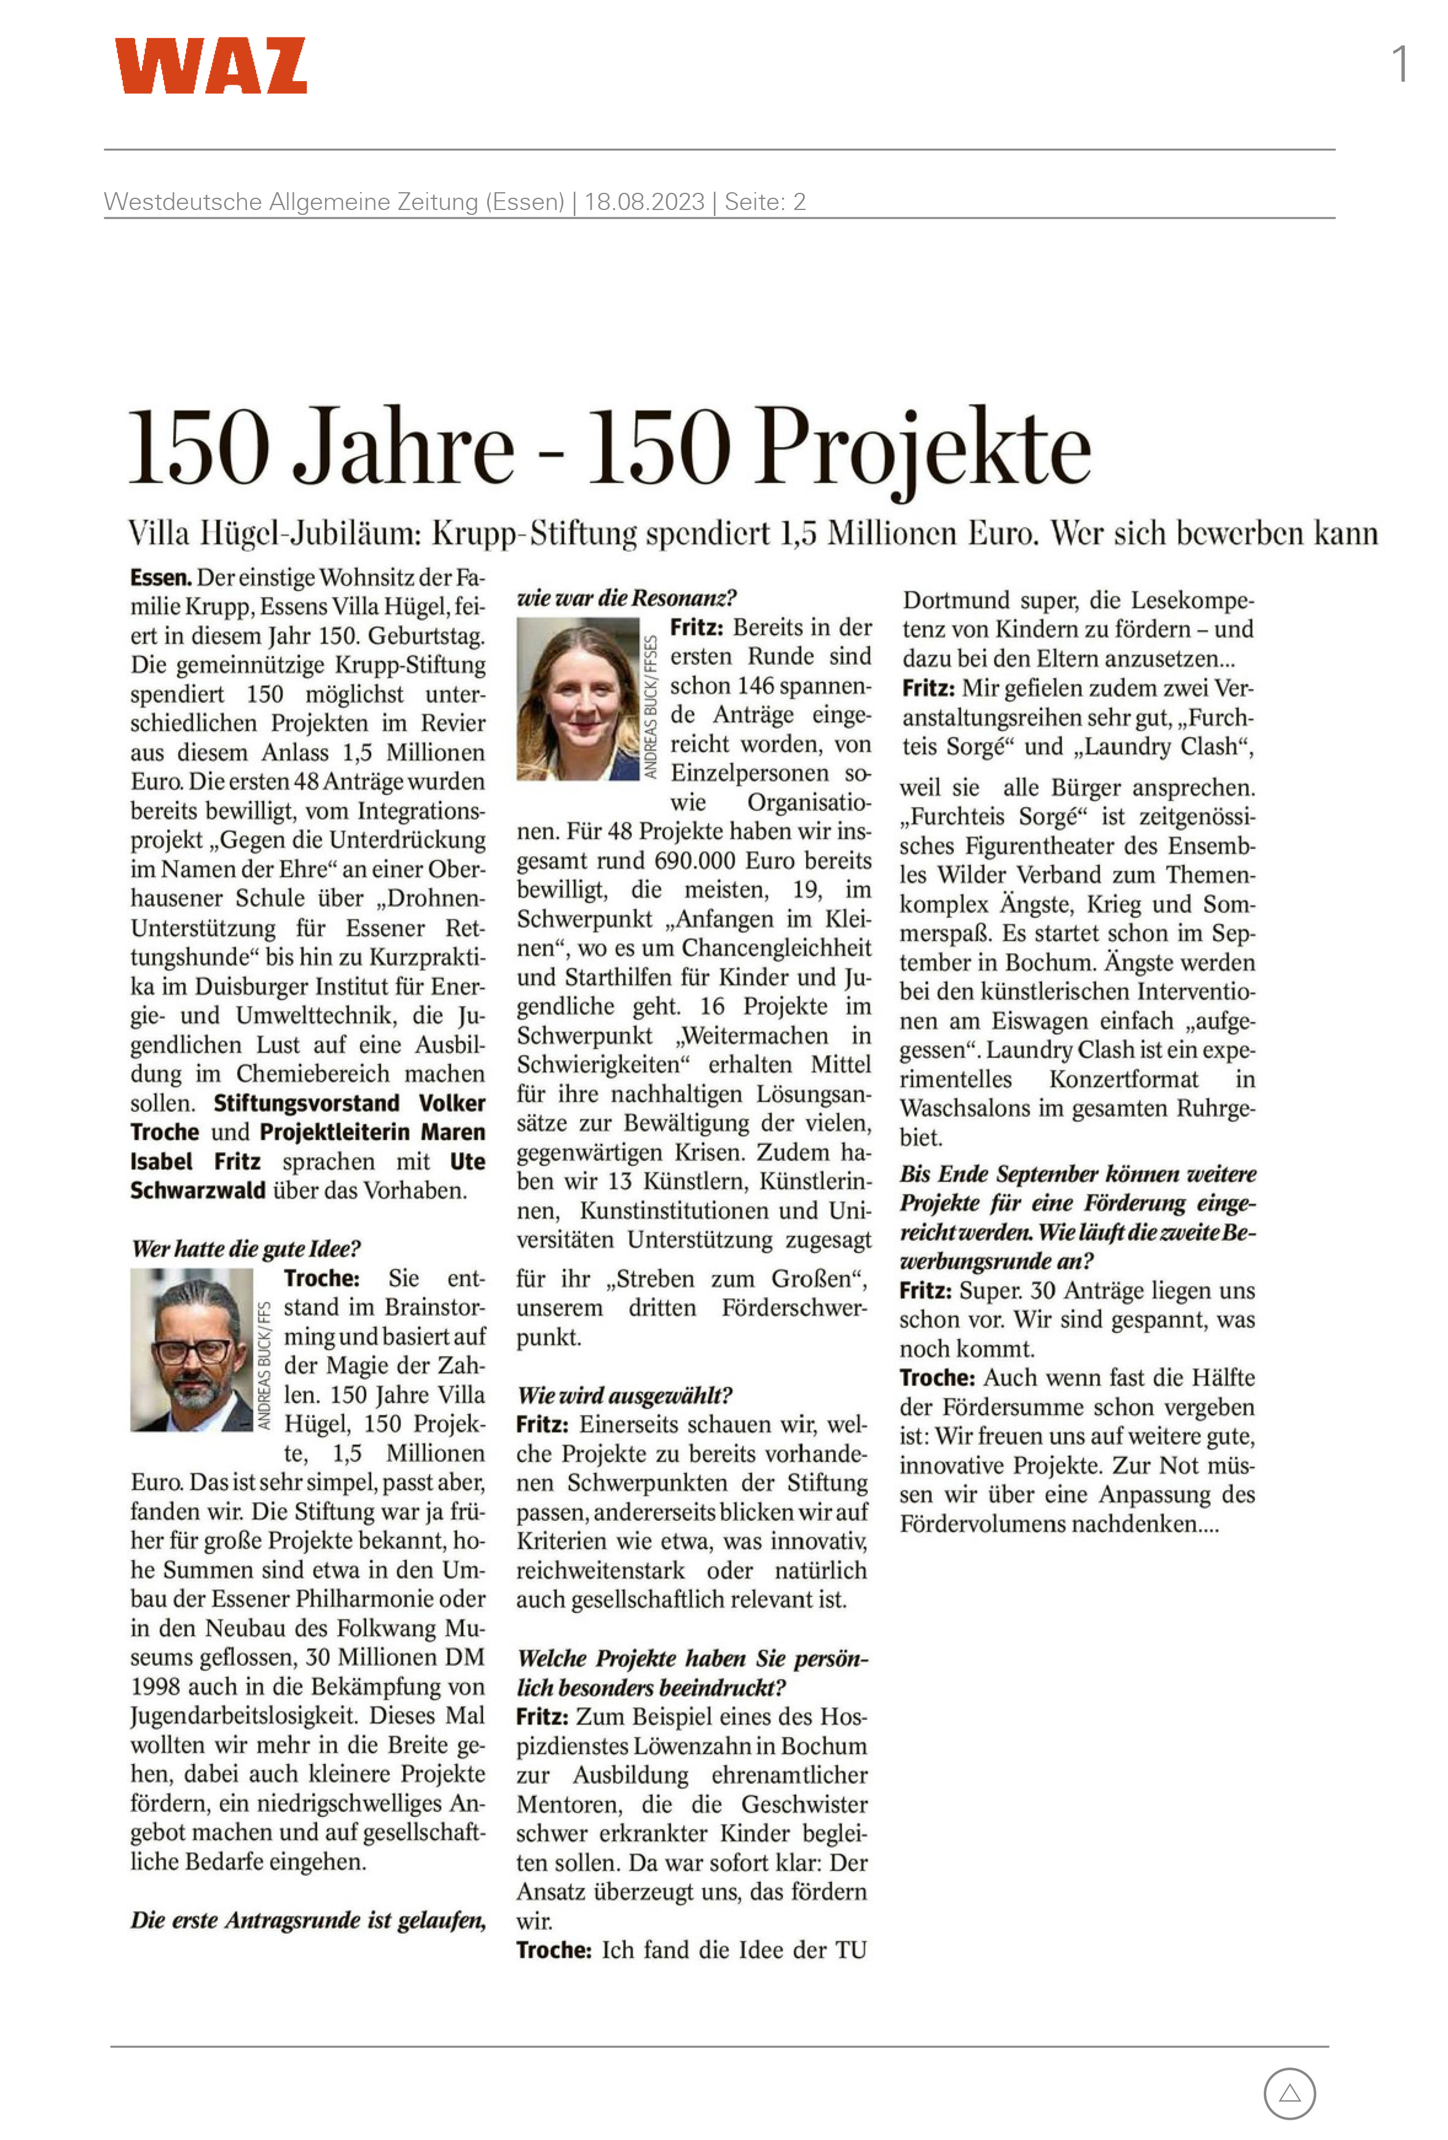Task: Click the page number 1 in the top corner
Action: pos(1399,64)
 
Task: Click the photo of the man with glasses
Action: pos(192,1350)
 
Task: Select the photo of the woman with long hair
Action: pos(577,699)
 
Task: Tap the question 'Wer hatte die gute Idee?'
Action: pos(246,1248)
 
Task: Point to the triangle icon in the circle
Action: pos(1290,2093)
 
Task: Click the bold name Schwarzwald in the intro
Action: pos(197,1191)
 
